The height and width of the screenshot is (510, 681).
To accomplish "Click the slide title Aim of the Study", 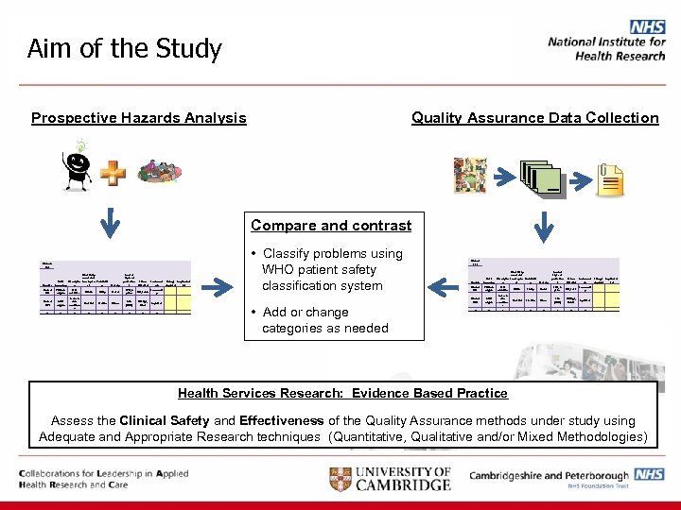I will (125, 48).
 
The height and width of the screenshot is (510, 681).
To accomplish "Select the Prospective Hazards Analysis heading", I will (138, 118).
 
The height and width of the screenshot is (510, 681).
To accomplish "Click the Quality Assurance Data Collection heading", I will (534, 118).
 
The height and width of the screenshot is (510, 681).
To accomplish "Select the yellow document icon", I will (611, 177).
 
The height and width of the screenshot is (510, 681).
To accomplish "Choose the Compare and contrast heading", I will (331, 226).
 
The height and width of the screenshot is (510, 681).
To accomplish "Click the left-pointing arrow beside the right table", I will (443, 281).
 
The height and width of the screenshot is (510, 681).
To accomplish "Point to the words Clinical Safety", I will (166, 421).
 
